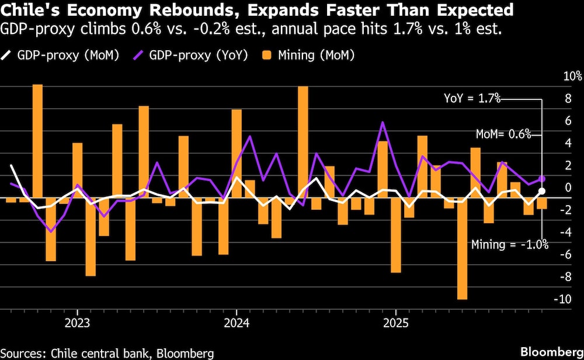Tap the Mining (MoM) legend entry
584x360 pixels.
[310, 56]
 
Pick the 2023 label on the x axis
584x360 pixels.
[77, 323]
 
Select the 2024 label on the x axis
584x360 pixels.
[237, 323]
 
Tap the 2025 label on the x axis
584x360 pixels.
[396, 323]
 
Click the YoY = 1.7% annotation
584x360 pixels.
[472, 99]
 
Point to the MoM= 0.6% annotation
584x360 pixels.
[503, 134]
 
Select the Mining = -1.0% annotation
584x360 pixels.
[510, 244]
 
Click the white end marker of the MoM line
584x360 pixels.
[542, 191]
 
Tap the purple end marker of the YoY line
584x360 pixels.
[542, 179]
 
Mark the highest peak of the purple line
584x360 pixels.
[383, 122]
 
